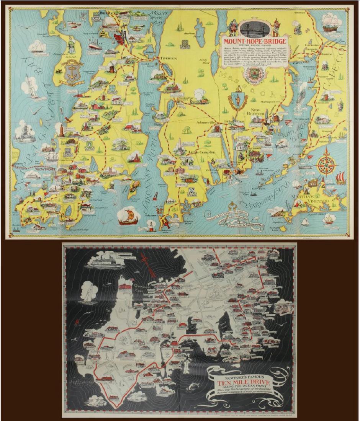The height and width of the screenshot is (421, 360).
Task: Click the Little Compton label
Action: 202,152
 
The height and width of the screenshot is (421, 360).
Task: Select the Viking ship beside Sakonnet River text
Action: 129,217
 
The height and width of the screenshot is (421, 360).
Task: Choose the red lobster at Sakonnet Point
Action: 166,223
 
